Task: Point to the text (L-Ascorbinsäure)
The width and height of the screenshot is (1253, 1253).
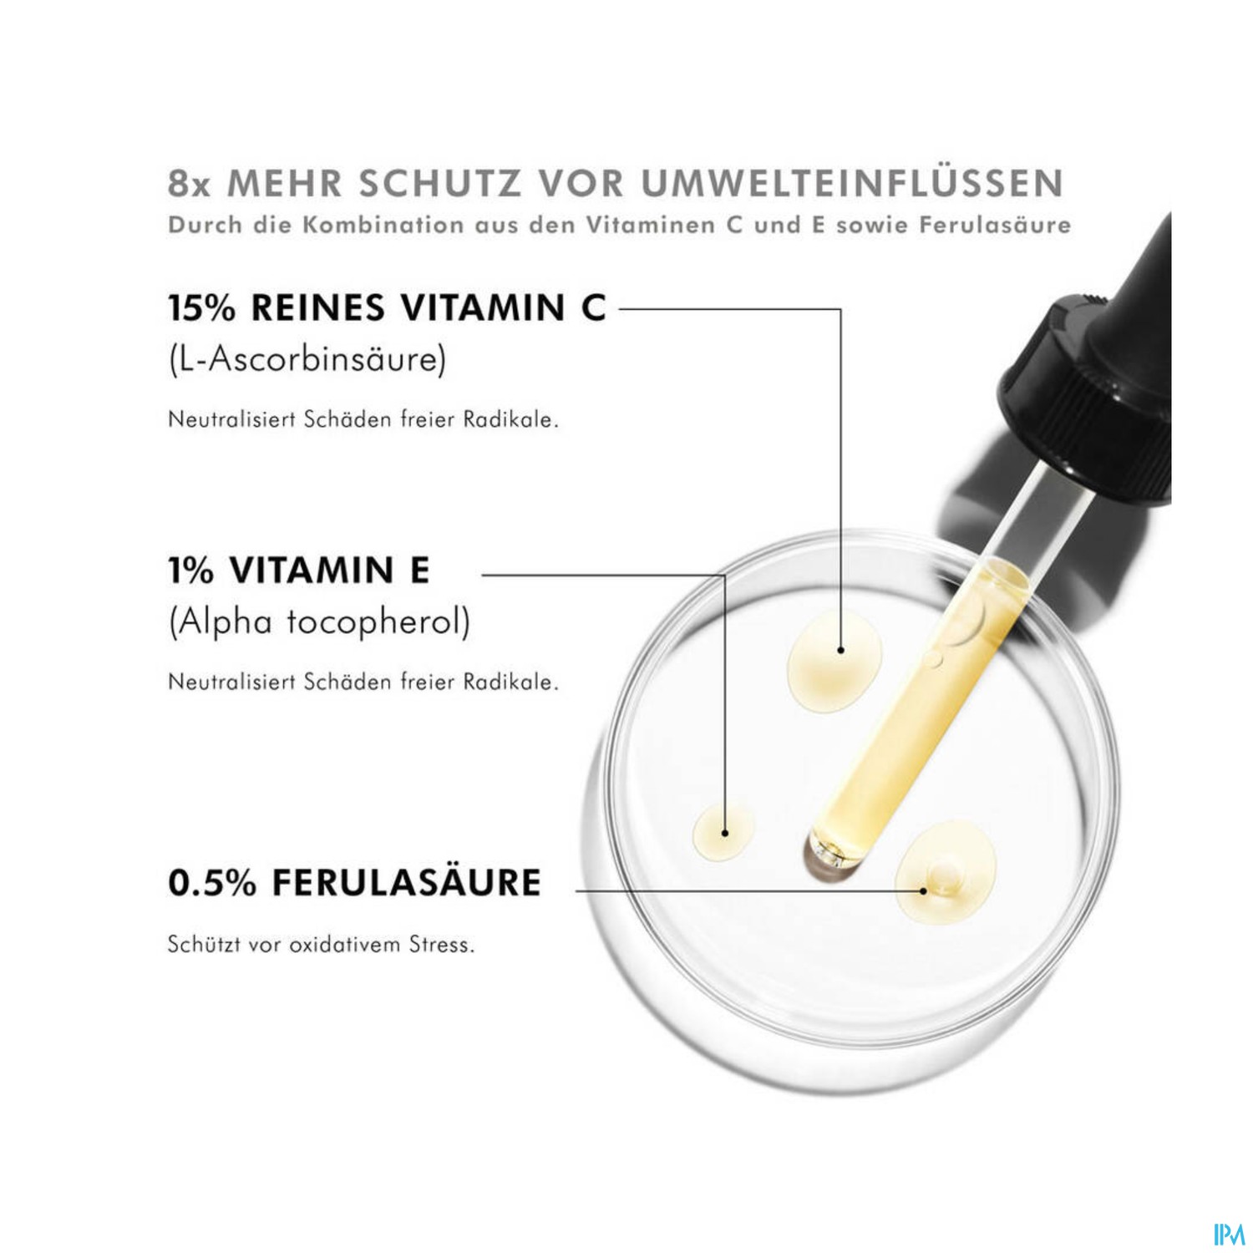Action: point(307,359)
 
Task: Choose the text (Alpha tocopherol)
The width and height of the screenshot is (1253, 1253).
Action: point(319,622)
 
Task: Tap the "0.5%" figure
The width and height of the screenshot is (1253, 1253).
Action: point(212,883)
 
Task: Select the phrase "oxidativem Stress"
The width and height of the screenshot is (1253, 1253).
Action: point(382,946)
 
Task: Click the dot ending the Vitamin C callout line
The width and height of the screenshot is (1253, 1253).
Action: point(840,649)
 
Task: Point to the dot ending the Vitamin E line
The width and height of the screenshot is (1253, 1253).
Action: point(725,833)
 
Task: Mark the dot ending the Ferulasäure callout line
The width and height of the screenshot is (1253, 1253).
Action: point(923,890)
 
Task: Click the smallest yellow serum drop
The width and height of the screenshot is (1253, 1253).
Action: point(723,832)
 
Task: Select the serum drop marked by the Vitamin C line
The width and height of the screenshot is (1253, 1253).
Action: point(835,660)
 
